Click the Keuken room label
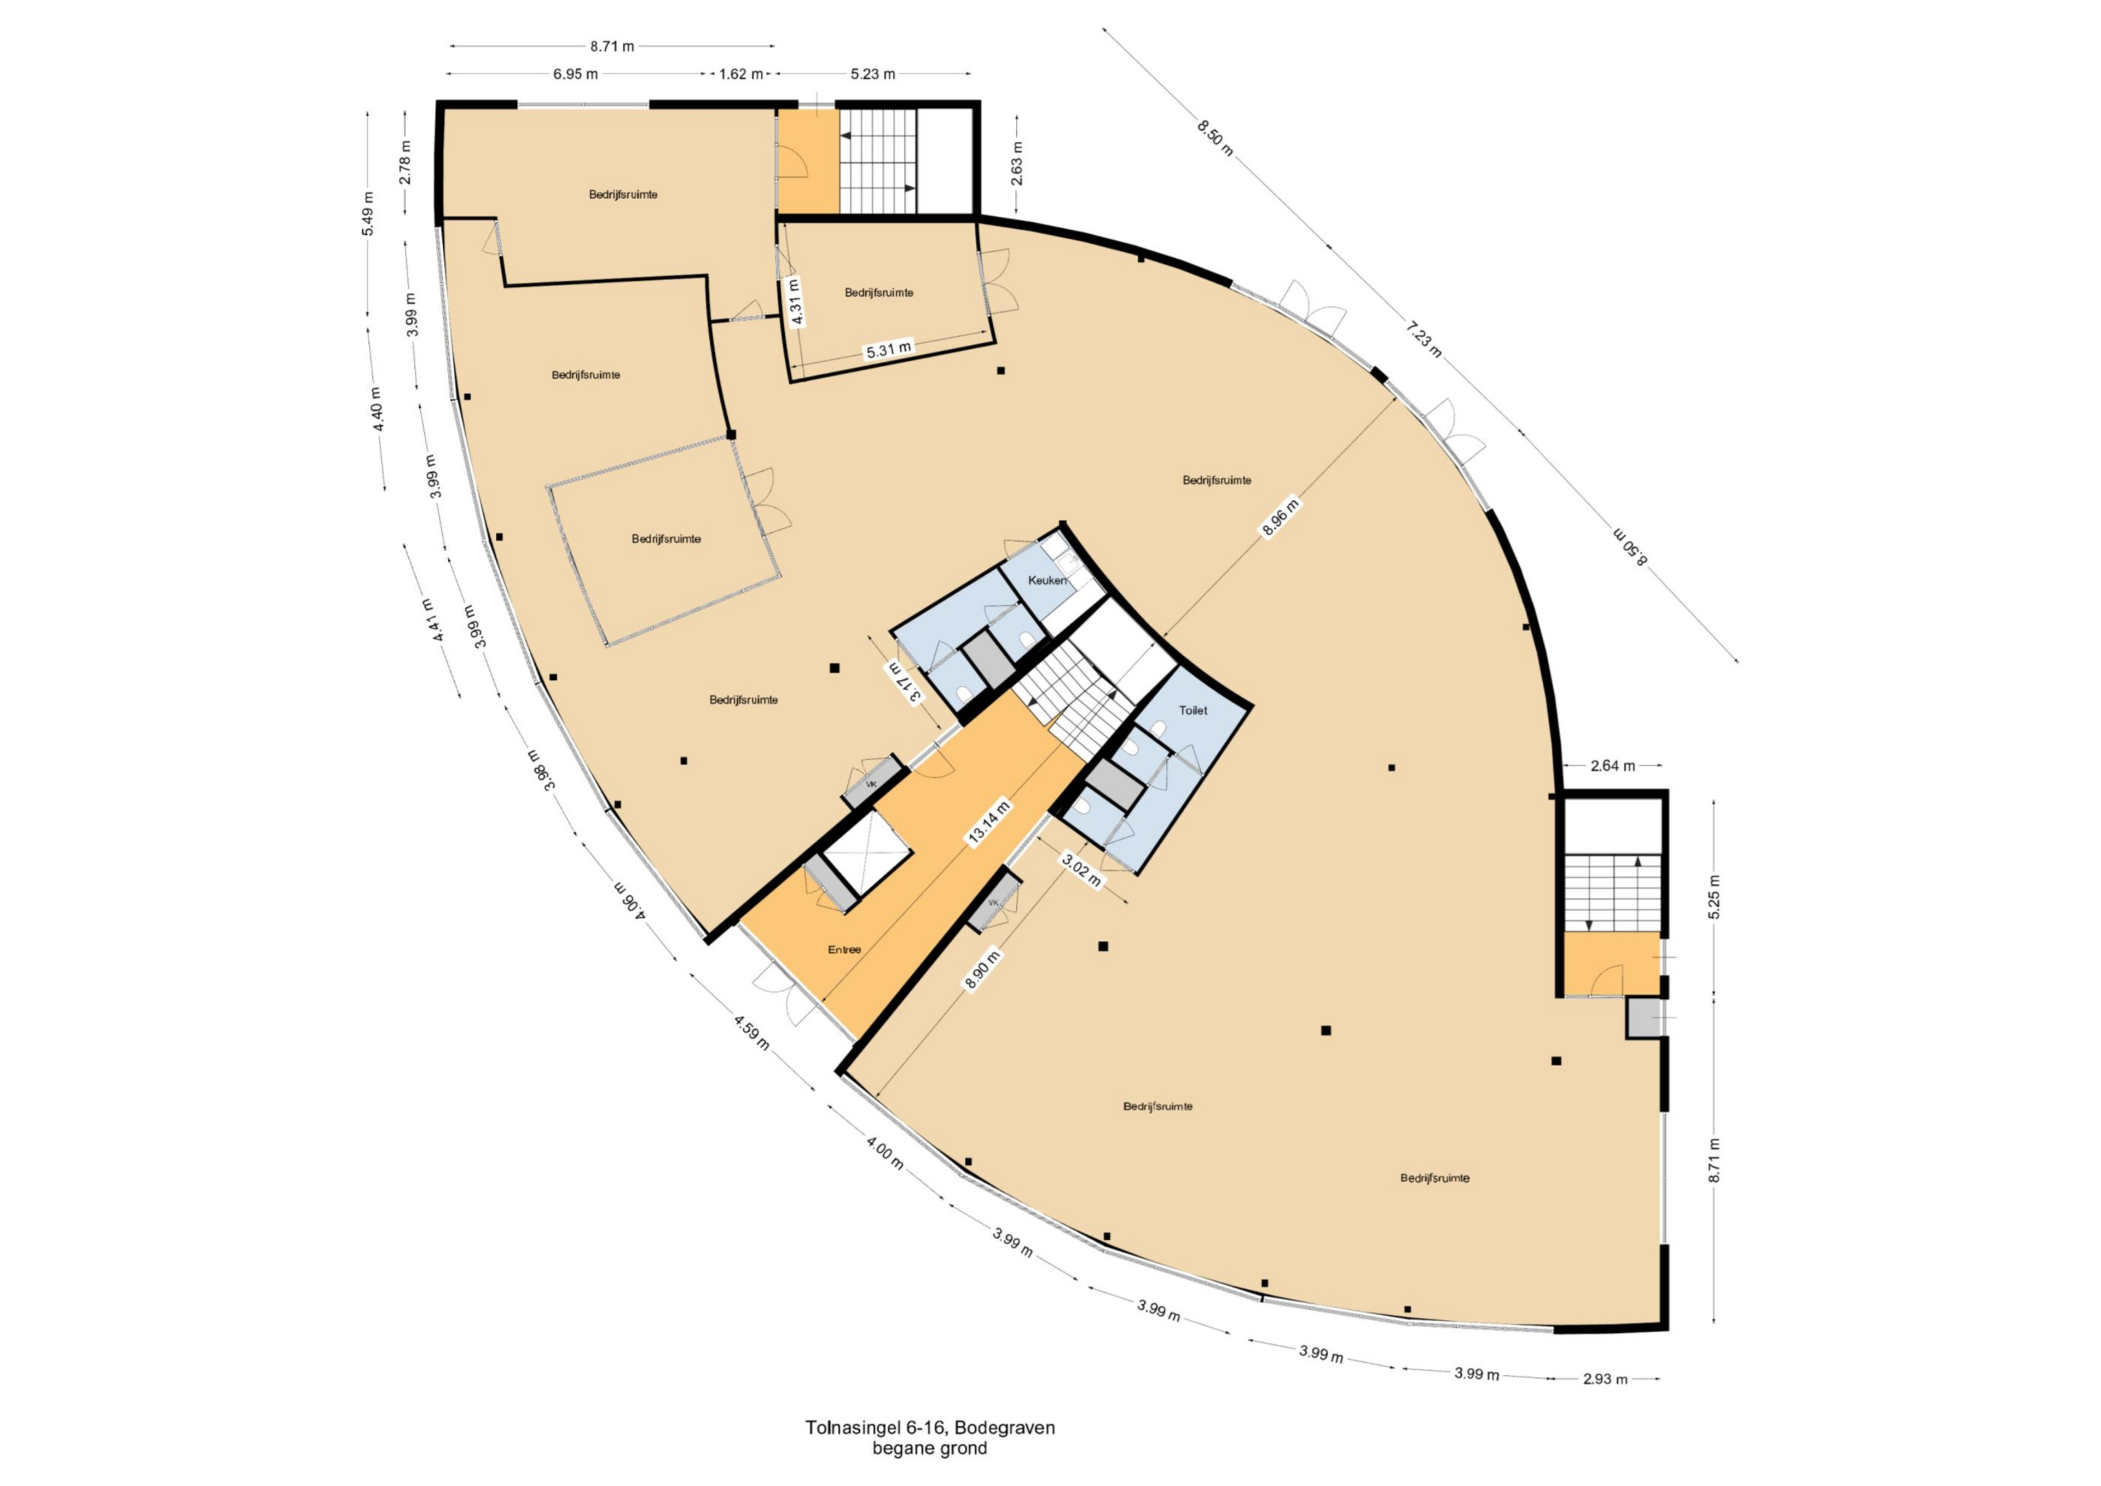click(x=1047, y=580)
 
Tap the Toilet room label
click(x=1193, y=710)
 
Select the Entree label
click(x=844, y=950)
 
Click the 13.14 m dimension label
click(x=988, y=822)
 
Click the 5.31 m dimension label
click(x=889, y=350)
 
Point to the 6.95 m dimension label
click(x=576, y=74)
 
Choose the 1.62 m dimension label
click(x=741, y=74)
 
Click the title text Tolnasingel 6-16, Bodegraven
click(x=930, y=1427)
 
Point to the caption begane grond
click(x=930, y=1448)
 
